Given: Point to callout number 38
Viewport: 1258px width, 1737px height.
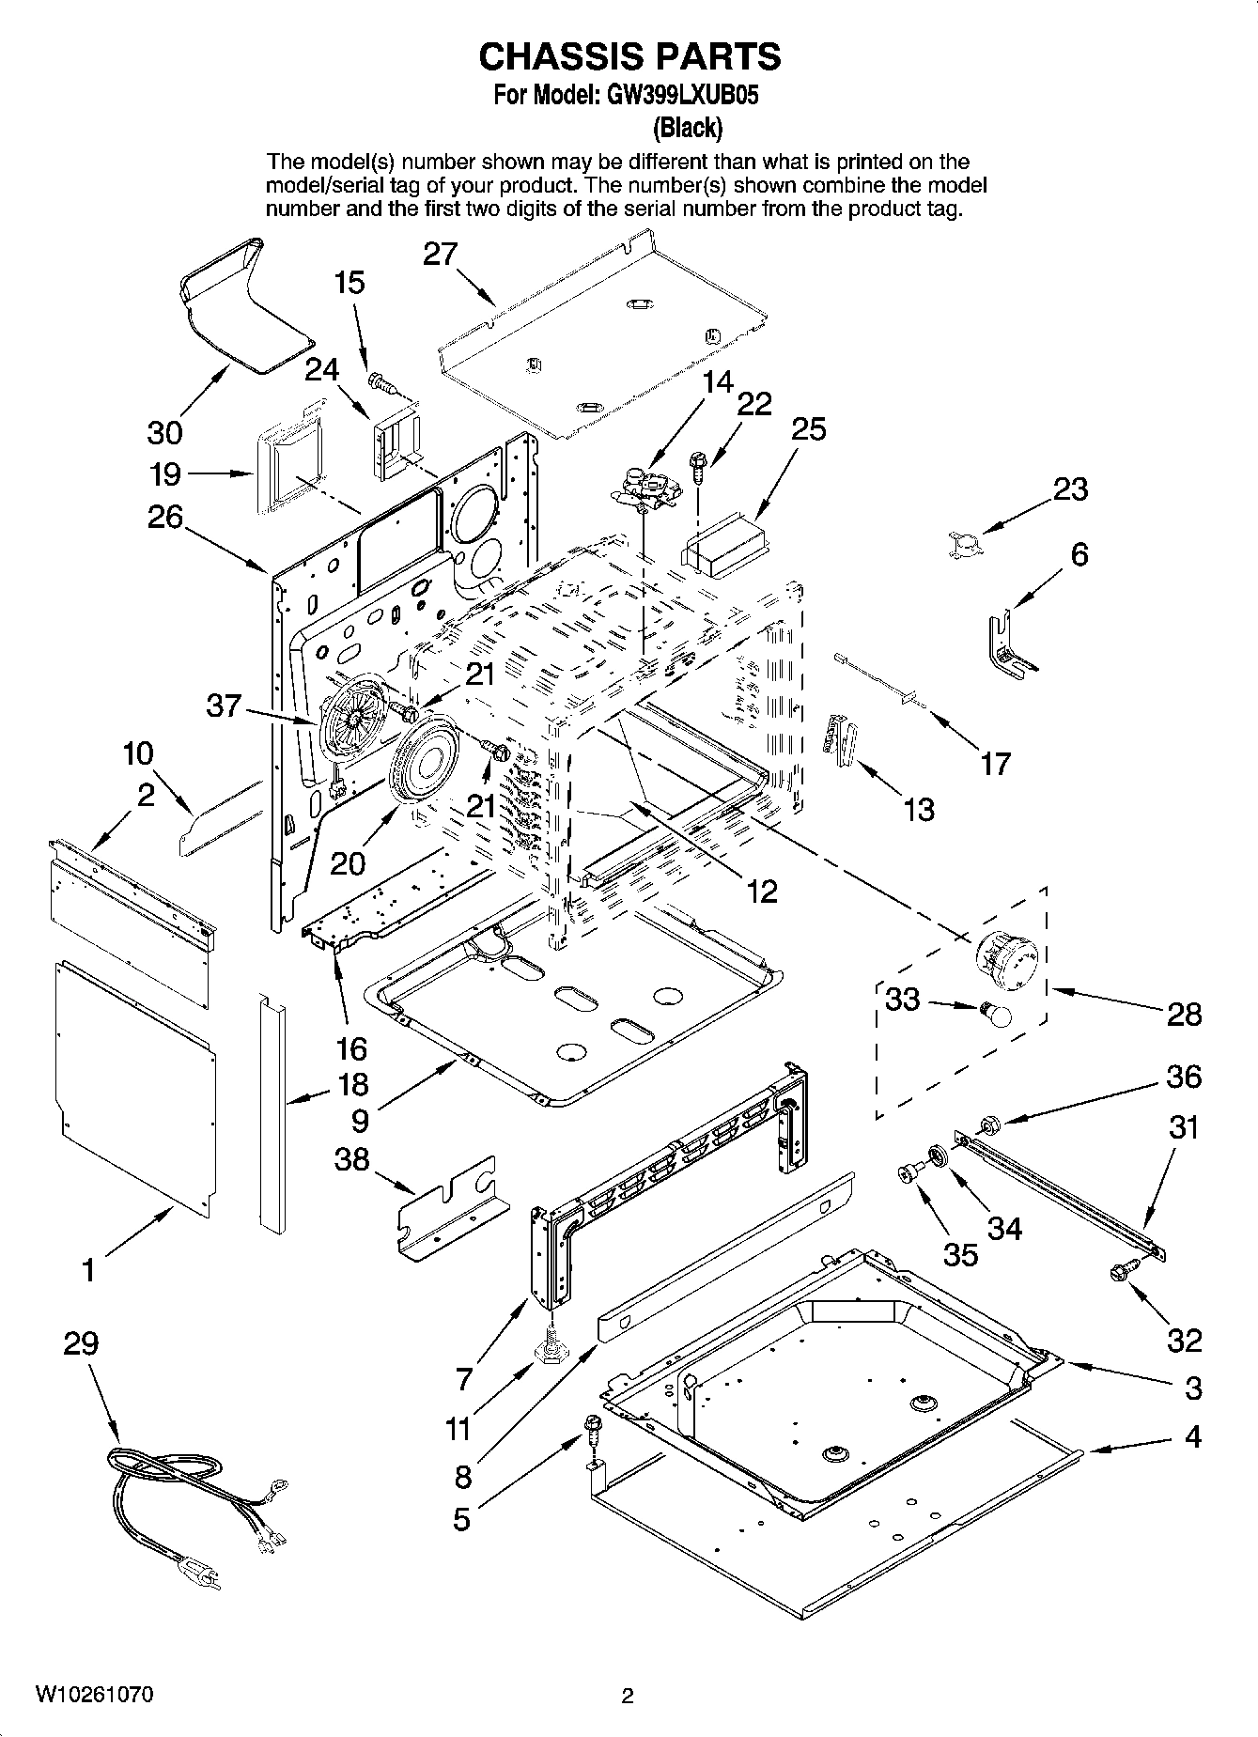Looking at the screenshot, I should click(x=351, y=1160).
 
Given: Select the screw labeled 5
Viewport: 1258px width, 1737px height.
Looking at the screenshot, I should click(x=592, y=1428).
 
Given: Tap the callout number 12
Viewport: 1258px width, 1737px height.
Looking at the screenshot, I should click(x=761, y=891).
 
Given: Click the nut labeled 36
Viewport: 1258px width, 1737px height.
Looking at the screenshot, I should click(x=987, y=1124).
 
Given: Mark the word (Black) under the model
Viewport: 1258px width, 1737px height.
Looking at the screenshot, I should click(x=688, y=126).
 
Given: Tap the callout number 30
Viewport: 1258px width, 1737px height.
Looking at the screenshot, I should click(x=164, y=432).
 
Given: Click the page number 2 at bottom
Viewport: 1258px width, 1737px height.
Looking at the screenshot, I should click(x=628, y=1696).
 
